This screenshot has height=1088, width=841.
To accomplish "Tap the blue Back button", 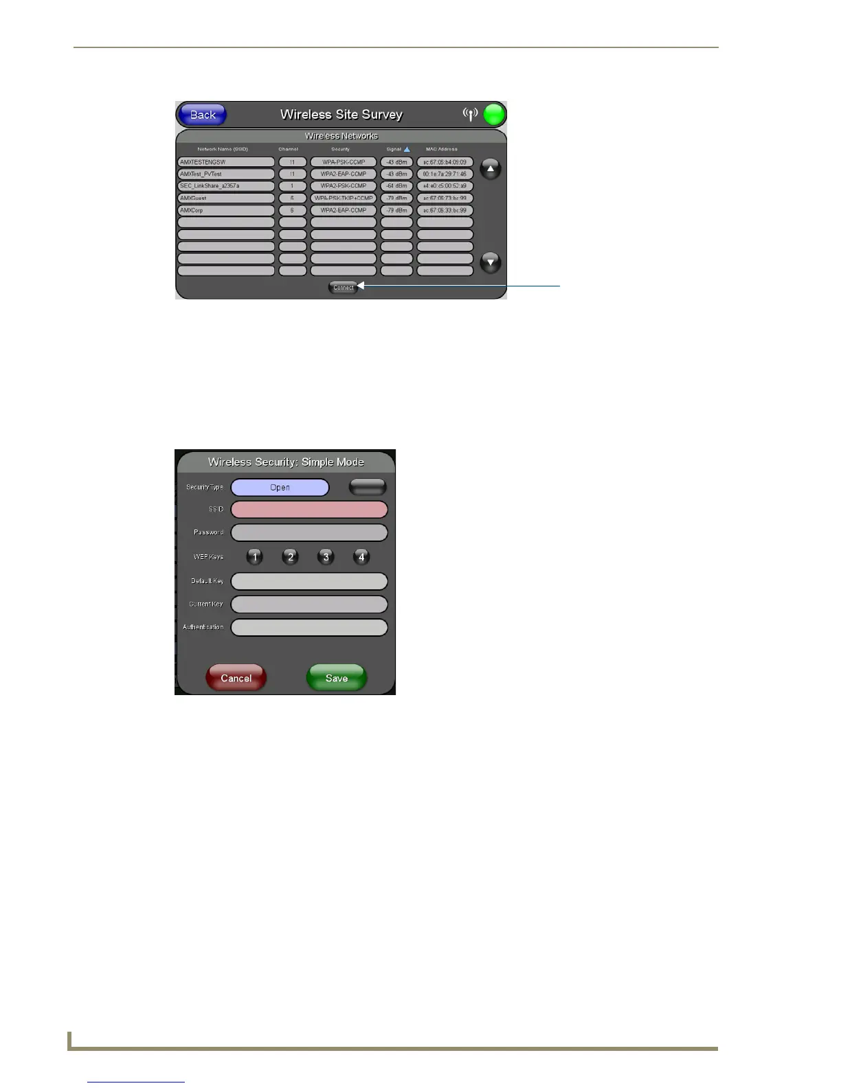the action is [202, 115].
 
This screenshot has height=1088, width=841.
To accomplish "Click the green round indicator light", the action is [494, 115].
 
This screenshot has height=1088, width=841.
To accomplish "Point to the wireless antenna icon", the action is [470, 114].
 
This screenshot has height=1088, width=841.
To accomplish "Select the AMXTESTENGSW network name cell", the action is [226, 162].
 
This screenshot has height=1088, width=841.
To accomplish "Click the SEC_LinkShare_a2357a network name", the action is [226, 186].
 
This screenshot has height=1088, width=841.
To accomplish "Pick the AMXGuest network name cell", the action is [226, 198].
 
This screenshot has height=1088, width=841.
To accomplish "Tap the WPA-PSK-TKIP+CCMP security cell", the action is [344, 198].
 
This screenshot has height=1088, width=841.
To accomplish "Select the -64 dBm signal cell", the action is [396, 186].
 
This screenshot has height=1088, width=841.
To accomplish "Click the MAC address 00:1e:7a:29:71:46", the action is [445, 174].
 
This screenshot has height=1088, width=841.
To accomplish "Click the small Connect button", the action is [343, 288].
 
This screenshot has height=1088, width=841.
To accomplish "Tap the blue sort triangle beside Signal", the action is [407, 149].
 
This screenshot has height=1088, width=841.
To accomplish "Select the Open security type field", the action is [280, 488].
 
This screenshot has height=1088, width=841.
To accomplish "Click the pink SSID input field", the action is [309, 510].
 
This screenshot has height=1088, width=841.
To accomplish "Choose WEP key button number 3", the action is [326, 557].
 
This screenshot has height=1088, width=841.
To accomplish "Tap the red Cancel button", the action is [236, 678].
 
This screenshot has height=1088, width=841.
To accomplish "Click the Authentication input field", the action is [309, 627].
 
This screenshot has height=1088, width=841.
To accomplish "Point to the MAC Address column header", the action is [441, 149].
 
